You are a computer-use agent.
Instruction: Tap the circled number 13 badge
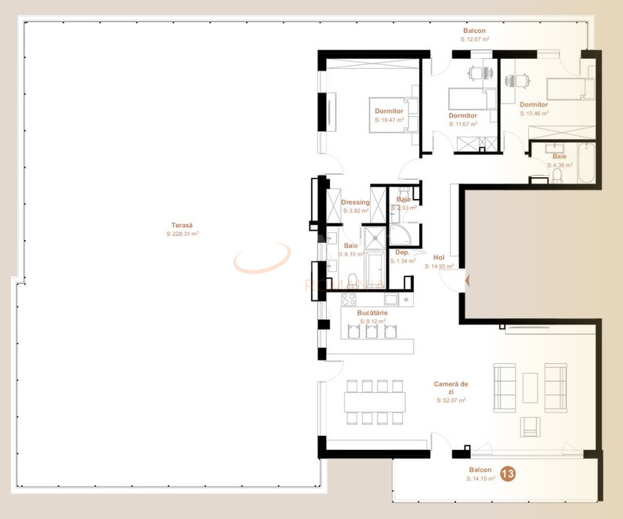point(508,474)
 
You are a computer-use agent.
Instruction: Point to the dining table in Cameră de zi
point(375,402)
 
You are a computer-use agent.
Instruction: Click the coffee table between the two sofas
point(530,387)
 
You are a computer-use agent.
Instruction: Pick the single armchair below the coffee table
point(531,426)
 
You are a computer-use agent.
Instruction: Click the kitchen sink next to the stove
point(390,299)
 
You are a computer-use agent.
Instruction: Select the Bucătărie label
point(371,313)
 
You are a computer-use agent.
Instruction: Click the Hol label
point(439,258)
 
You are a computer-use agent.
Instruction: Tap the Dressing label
point(355,202)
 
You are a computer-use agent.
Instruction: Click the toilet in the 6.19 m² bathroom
point(352,279)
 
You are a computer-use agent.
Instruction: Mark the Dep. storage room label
point(403,252)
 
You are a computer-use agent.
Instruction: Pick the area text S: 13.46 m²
point(534,113)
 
